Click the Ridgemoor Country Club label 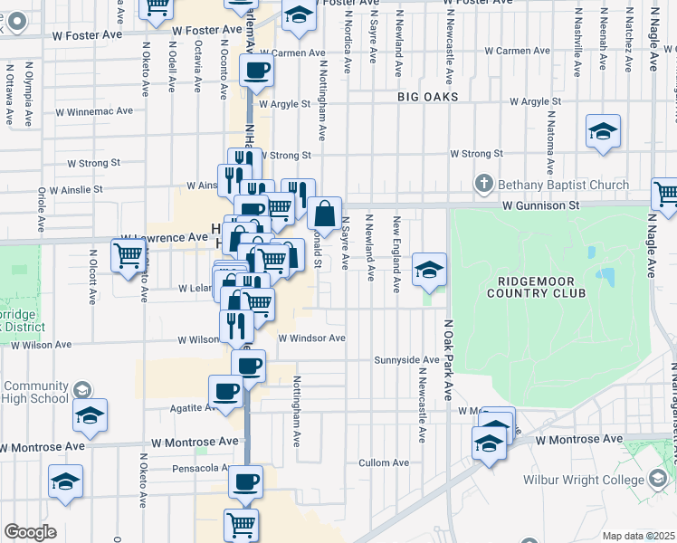click(536, 286)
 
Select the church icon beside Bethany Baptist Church click(484, 185)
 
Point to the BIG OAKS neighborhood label click(427, 96)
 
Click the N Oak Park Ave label click(447, 359)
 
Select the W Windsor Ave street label click(311, 338)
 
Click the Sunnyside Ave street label click(407, 360)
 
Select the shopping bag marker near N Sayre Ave click(323, 214)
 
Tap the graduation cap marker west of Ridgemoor click(429, 269)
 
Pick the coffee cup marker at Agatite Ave click(225, 391)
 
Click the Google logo click(29, 532)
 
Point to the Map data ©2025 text click(638, 536)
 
